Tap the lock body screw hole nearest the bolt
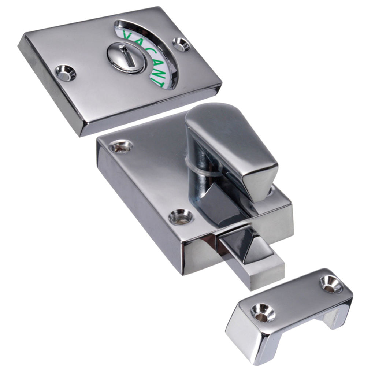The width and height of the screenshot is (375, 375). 180,216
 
